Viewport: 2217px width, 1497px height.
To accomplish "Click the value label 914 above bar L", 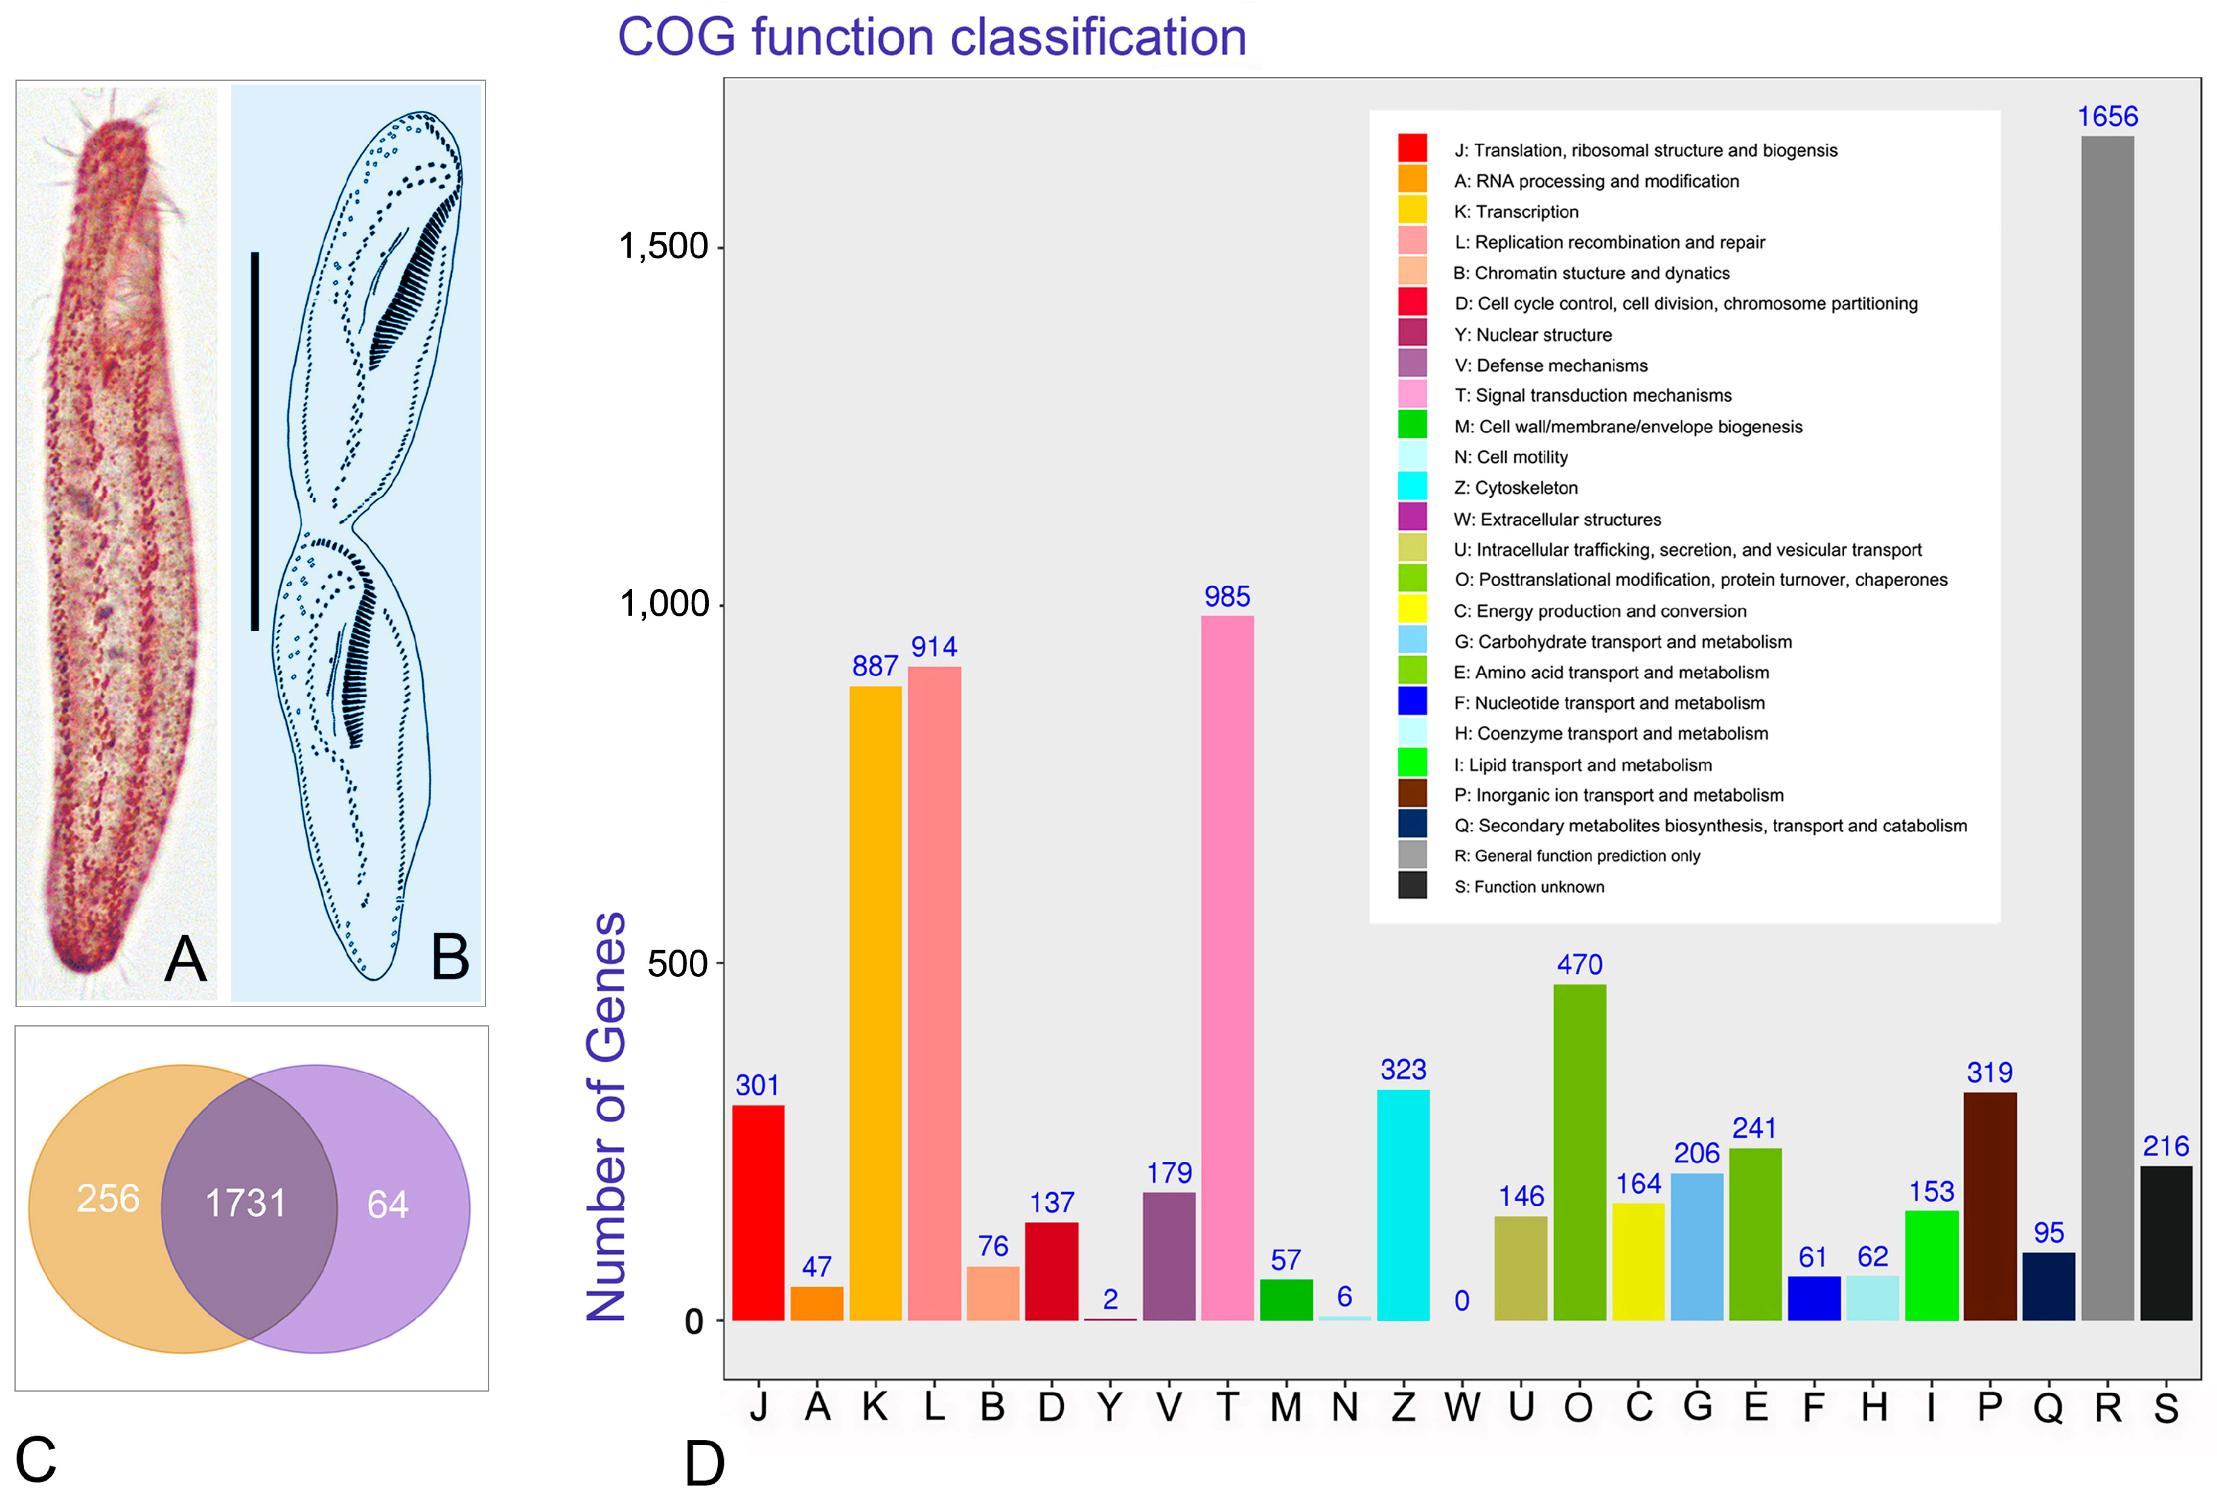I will click(934, 647).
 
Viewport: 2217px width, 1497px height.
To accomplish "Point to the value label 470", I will click(1579, 965).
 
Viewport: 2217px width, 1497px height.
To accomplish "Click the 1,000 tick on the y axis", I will click(664, 604).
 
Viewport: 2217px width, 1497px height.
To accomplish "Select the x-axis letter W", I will click(1462, 1407).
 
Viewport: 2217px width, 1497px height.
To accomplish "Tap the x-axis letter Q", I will click(2048, 1408).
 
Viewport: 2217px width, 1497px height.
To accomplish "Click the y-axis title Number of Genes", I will click(607, 1117).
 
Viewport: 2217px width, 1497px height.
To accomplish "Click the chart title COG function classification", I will click(932, 38).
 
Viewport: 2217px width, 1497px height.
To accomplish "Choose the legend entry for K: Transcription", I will click(1516, 212).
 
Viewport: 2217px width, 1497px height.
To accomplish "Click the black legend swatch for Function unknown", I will click(1412, 885).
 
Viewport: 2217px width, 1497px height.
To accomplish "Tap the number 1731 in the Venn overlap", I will click(246, 1203).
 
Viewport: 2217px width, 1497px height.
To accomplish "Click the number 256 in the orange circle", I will click(108, 1198).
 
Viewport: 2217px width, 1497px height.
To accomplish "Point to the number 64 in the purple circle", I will click(387, 1204).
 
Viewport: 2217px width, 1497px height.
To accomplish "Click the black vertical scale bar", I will click(255, 441).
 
